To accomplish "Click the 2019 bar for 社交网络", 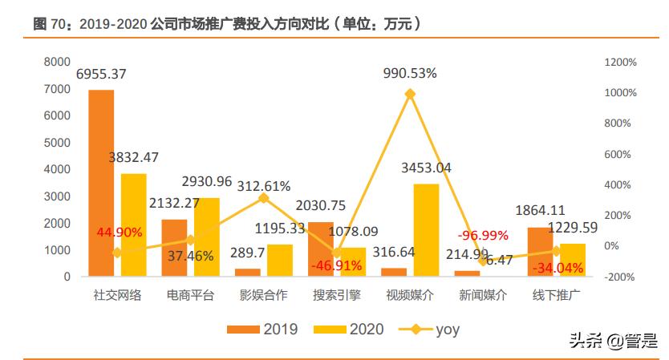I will click(101, 183).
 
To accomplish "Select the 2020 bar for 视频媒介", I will click(426, 230).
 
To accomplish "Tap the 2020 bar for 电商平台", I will click(206, 237).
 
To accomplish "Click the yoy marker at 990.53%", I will click(410, 94).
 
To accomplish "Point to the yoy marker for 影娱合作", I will click(264, 197).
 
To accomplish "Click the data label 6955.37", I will click(111, 74).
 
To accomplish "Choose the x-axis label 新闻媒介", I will click(483, 294).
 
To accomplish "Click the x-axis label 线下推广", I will click(557, 294).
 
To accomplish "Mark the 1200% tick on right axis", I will click(620, 62).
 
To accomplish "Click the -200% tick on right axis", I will click(620, 277).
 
